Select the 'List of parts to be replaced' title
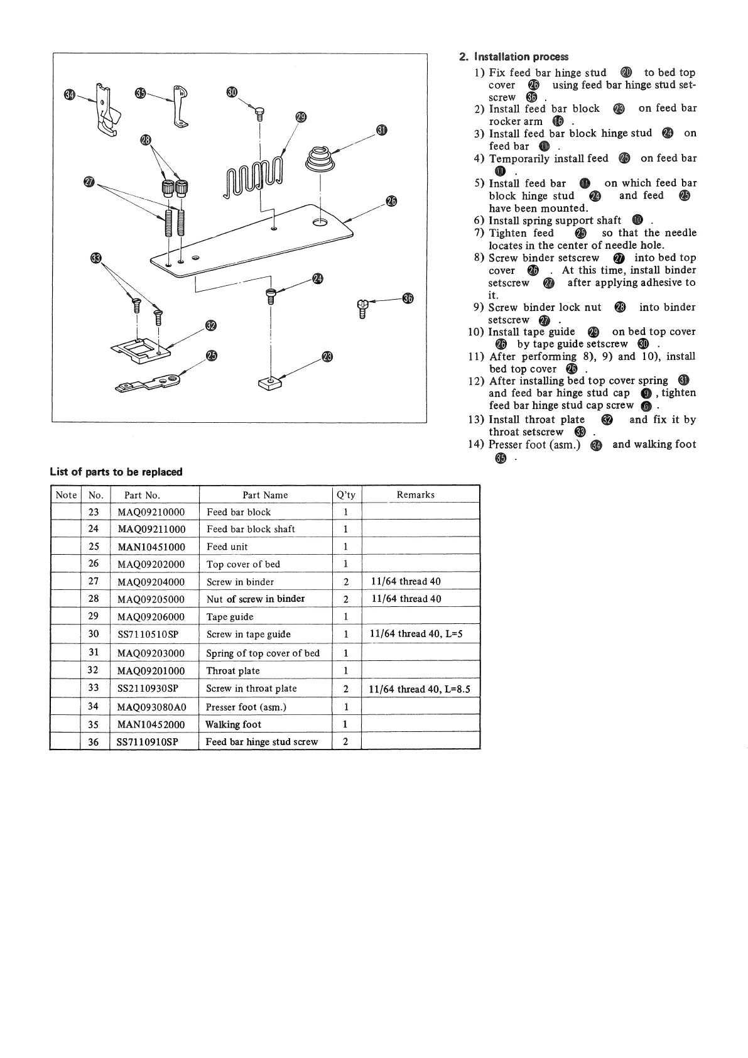(x=116, y=472)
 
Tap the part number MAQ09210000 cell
(x=151, y=512)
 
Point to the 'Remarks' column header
(x=415, y=495)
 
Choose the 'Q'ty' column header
(x=346, y=495)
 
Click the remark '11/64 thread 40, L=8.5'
(x=420, y=689)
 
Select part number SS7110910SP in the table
(x=148, y=742)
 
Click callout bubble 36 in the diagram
(x=408, y=298)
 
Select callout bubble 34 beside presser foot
(x=69, y=94)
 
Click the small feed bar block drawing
(x=271, y=383)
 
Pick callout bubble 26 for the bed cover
(x=392, y=201)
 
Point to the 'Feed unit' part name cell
(x=227, y=547)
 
